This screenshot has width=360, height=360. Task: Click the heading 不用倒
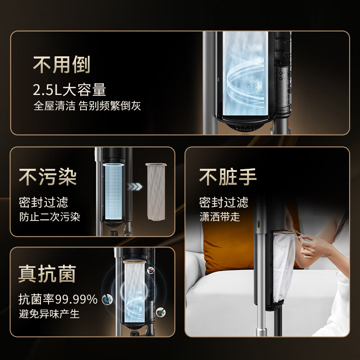coord(62,65)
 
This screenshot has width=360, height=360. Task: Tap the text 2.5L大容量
coord(69,90)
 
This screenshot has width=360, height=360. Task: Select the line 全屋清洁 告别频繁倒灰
coord(88,107)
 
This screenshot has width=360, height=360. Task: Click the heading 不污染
coord(48,177)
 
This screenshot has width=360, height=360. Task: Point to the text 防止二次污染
coord(49,216)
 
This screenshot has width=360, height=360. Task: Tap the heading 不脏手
coord(228,177)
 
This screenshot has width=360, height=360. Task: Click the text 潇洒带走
coord(220,216)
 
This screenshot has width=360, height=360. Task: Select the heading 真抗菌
coord(47,274)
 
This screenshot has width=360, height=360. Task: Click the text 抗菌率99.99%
coord(58,299)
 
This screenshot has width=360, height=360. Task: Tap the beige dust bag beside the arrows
coord(155,191)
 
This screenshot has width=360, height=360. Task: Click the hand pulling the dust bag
coord(315,245)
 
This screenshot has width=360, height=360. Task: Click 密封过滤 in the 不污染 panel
coord(43,202)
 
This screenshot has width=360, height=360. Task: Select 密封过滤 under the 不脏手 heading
coord(224,202)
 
